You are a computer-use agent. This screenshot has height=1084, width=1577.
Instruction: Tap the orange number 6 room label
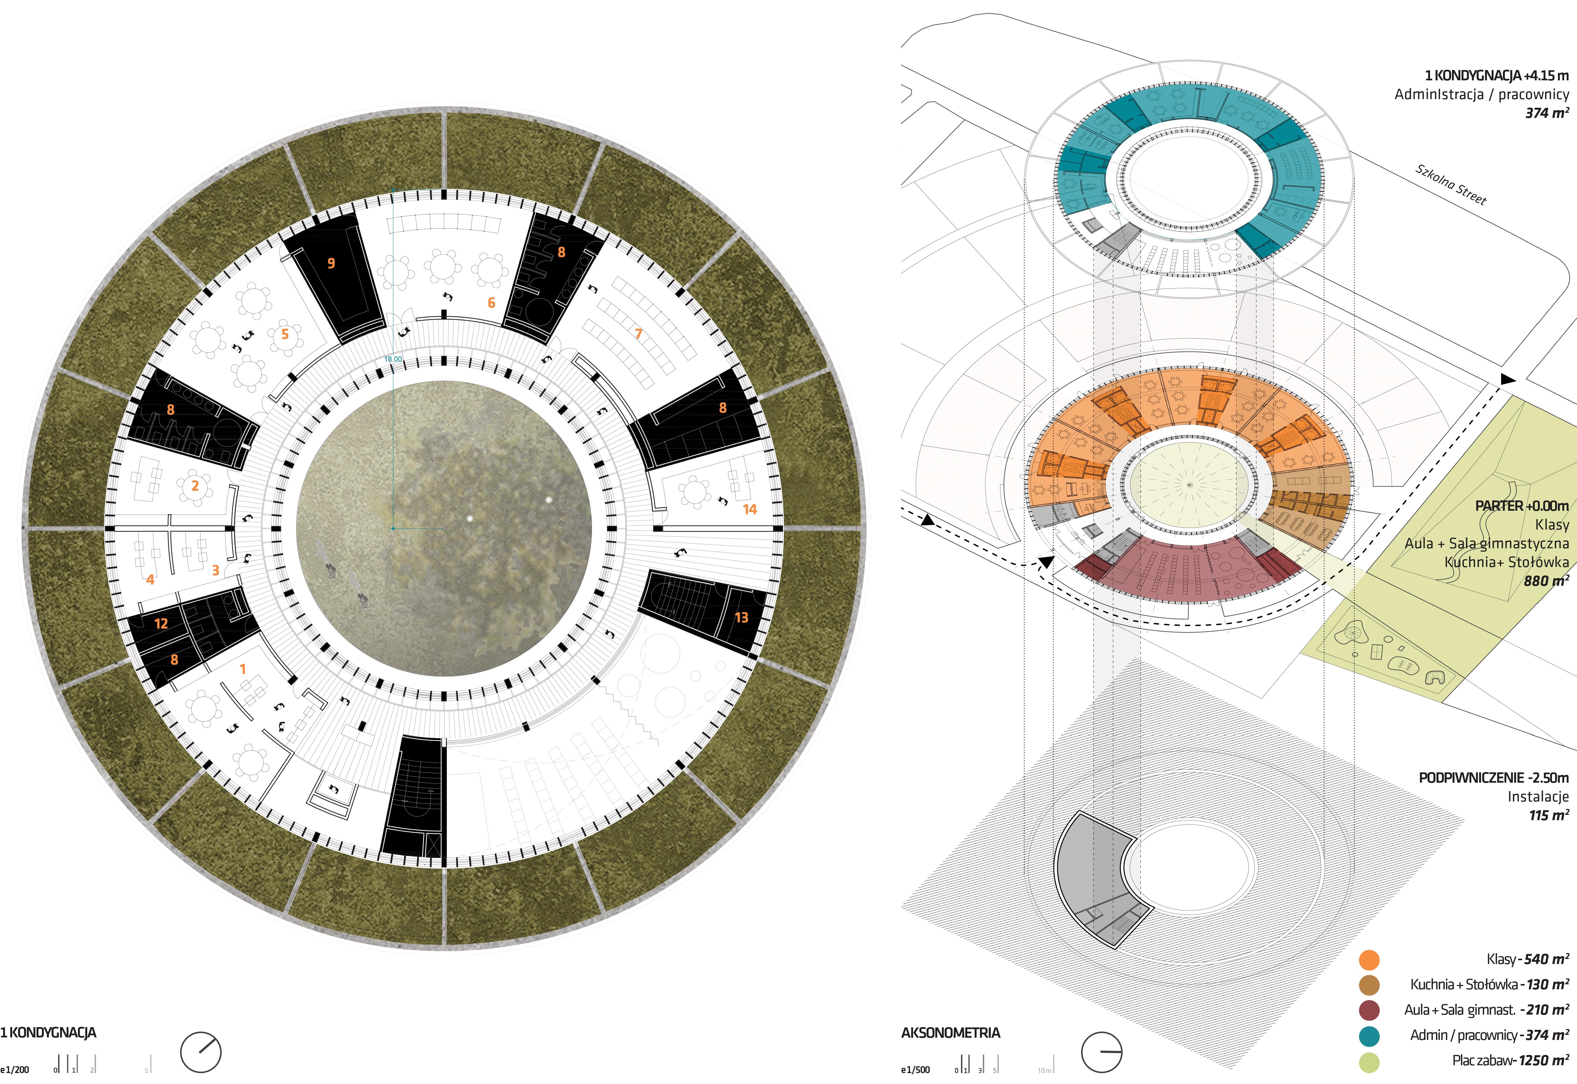point(491,303)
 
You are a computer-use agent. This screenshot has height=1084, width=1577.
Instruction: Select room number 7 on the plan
point(638,334)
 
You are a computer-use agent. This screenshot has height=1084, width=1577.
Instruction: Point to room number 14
point(750,509)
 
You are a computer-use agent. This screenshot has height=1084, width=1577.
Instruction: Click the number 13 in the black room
point(741,617)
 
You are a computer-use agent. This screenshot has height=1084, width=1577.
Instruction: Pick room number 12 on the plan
point(161,624)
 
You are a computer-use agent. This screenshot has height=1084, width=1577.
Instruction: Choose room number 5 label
point(285,334)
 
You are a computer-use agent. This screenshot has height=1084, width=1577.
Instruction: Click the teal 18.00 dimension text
point(393,359)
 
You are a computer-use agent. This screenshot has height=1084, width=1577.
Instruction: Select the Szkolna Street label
point(1451,184)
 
